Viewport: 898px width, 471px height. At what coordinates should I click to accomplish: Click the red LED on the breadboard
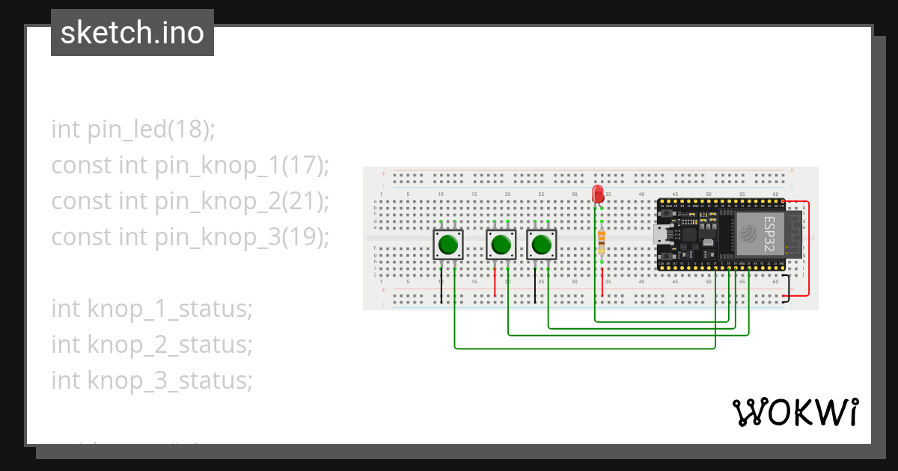coord(597,194)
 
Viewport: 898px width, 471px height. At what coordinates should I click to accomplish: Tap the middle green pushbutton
coord(501,244)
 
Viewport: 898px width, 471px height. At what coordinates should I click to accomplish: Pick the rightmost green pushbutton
coord(542,244)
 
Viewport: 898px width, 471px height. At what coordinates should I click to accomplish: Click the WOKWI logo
coord(795,412)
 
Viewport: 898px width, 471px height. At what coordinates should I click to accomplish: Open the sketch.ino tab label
coord(132,33)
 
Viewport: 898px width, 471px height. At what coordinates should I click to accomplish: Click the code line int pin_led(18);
coord(133,129)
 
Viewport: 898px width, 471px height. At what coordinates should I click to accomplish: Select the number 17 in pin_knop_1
coord(302,165)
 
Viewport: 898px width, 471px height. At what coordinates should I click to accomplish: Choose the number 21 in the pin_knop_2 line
coord(302,201)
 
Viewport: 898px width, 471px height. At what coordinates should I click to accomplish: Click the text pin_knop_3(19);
coord(242,237)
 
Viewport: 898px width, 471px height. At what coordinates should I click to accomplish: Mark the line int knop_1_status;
coord(152,309)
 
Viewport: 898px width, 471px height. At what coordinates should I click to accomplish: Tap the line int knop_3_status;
coord(152,381)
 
